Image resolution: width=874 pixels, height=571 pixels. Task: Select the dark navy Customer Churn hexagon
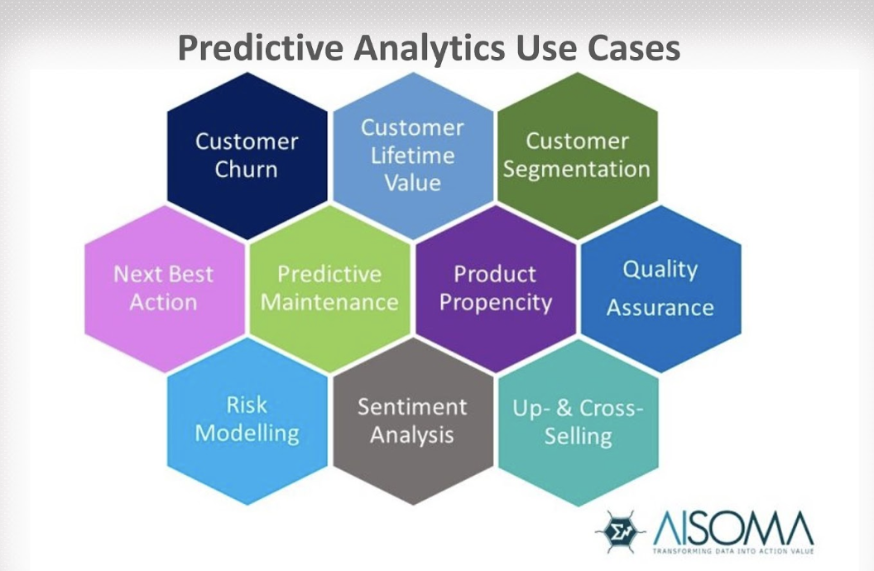247,154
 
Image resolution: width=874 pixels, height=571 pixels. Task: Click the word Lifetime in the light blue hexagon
412,155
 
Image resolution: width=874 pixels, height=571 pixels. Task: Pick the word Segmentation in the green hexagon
577,170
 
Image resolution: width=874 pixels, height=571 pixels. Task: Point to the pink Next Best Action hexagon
164,287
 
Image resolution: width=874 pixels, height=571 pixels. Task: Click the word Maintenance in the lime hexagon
329,302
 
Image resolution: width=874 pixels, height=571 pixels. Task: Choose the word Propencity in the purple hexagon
495,302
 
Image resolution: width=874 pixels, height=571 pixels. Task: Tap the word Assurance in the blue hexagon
660,308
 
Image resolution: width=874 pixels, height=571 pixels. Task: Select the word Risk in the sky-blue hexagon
247,405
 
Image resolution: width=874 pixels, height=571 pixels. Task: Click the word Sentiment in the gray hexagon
412,406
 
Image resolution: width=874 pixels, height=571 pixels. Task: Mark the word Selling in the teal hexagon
577,436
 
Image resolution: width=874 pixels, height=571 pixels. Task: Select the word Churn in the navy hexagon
247,170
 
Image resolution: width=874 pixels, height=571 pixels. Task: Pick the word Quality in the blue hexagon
660,269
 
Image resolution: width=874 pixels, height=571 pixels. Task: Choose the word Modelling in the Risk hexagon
247,433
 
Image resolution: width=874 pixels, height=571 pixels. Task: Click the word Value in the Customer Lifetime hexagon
412,182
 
